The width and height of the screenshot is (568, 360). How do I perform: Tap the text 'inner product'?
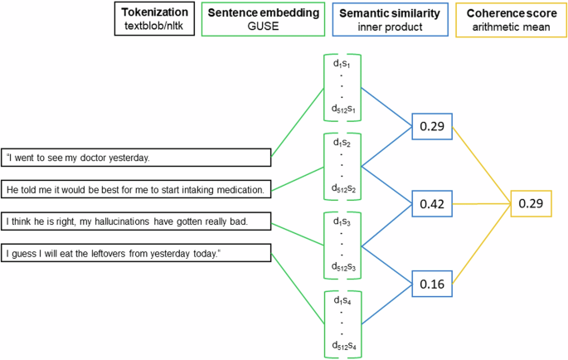[x=390, y=27]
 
